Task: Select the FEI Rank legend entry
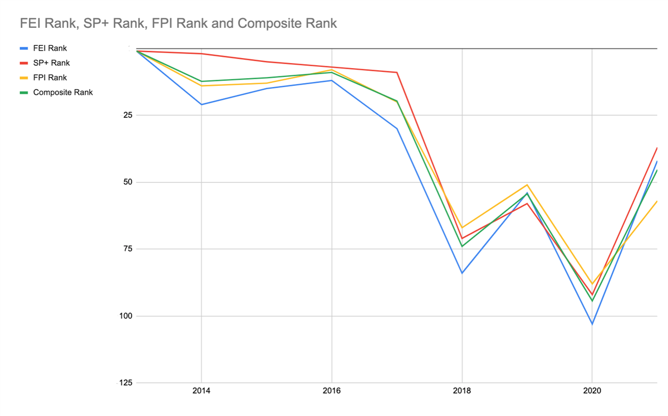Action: click(50, 49)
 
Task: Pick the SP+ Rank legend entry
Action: click(51, 63)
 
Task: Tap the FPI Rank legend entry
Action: click(50, 78)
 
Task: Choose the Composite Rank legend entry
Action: click(62, 92)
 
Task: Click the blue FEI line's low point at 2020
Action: click(592, 324)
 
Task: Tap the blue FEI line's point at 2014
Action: click(201, 104)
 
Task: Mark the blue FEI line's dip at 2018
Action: click(462, 273)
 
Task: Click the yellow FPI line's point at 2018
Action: click(462, 228)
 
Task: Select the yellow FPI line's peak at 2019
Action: click(527, 185)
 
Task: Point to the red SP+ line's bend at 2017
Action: click(397, 72)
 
